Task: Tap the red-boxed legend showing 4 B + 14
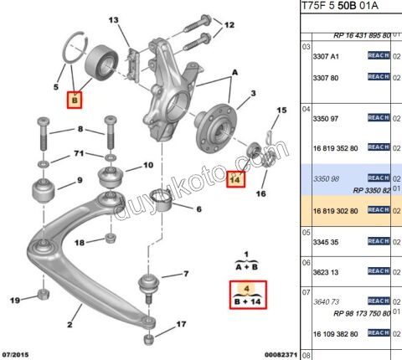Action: [247, 296]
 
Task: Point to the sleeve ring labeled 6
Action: [167, 200]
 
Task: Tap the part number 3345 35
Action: [317, 241]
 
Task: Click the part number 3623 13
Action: [316, 270]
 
